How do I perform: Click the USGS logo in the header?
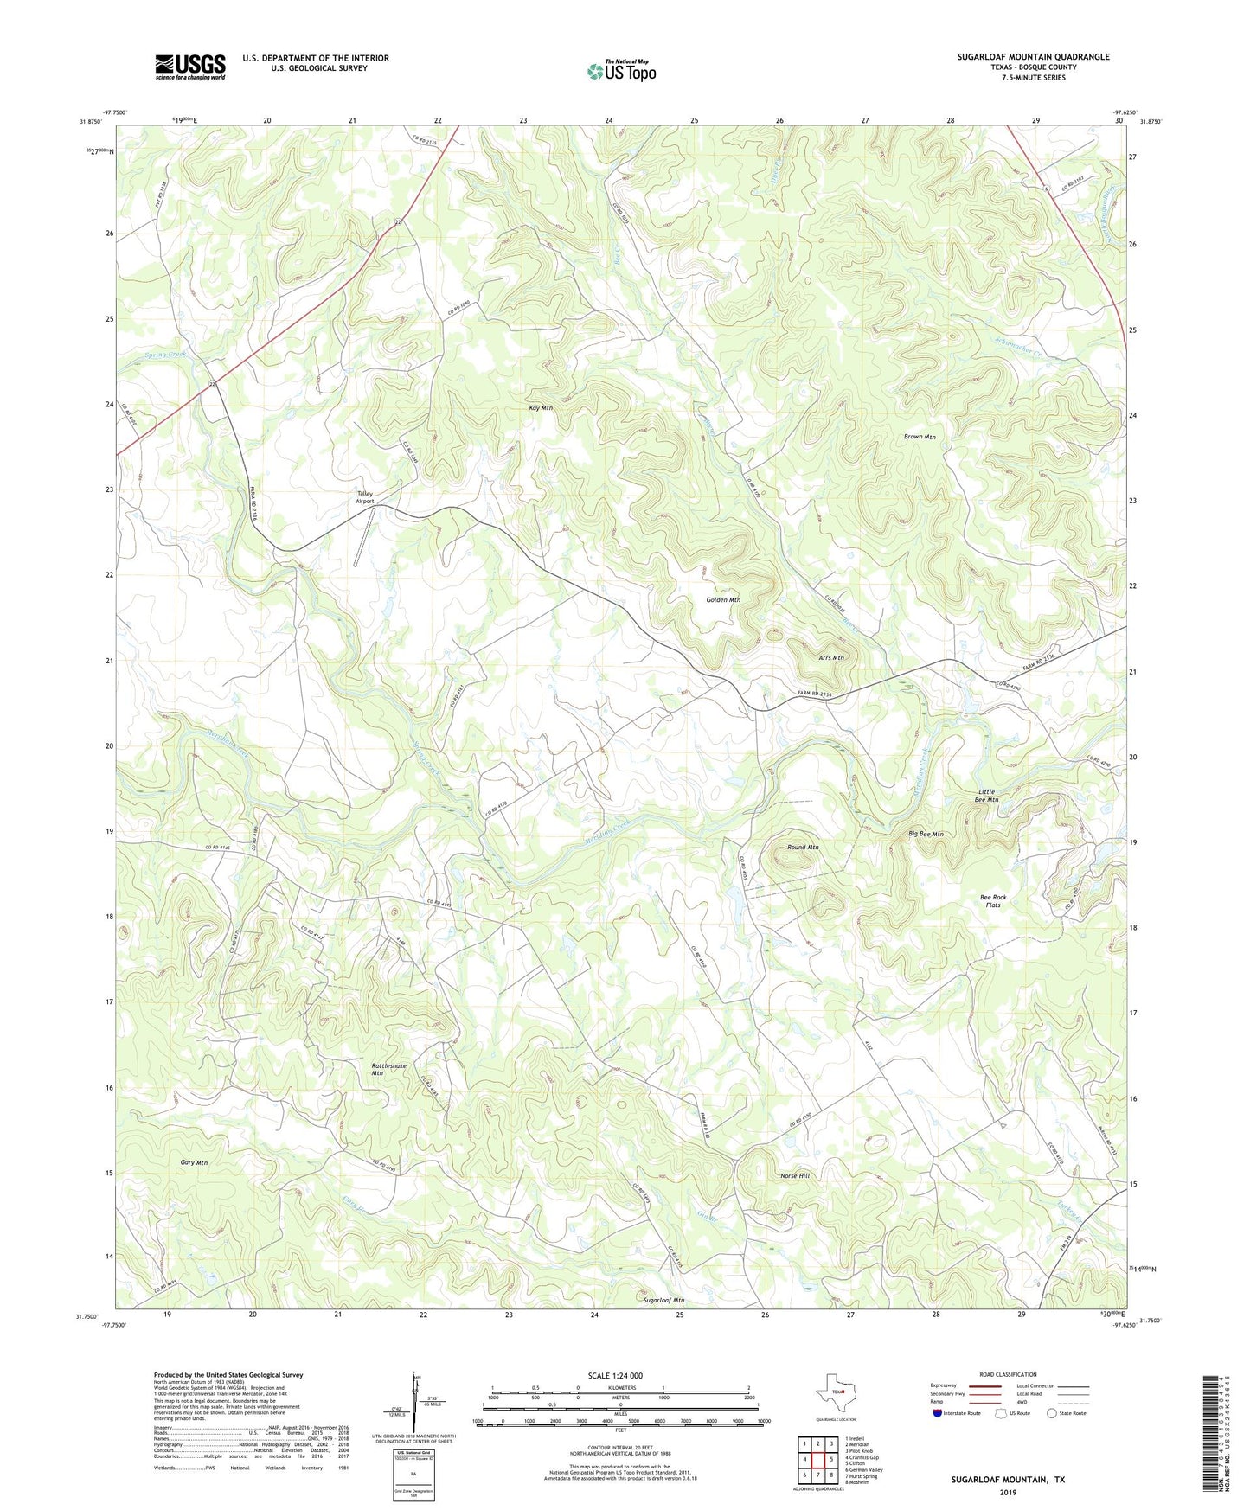pyautogui.click(x=190, y=67)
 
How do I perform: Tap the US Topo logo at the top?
pyautogui.click(x=620, y=71)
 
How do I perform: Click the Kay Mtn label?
pyautogui.click(x=541, y=407)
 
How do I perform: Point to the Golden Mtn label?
pyautogui.click(x=723, y=599)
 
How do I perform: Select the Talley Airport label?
pyautogui.click(x=365, y=497)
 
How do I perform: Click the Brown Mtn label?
pyautogui.click(x=920, y=437)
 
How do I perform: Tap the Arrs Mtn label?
pyautogui.click(x=830, y=657)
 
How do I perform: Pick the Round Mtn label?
pyautogui.click(x=803, y=847)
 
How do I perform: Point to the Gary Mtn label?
pyautogui.click(x=194, y=1162)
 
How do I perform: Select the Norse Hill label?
pyautogui.click(x=794, y=1175)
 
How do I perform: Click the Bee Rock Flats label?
pyautogui.click(x=993, y=901)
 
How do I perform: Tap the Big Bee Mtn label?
pyautogui.click(x=926, y=835)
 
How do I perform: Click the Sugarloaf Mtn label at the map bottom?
pyautogui.click(x=663, y=1300)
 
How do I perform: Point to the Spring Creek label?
pyautogui.click(x=165, y=355)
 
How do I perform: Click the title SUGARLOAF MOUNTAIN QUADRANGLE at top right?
pyautogui.click(x=1033, y=57)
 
